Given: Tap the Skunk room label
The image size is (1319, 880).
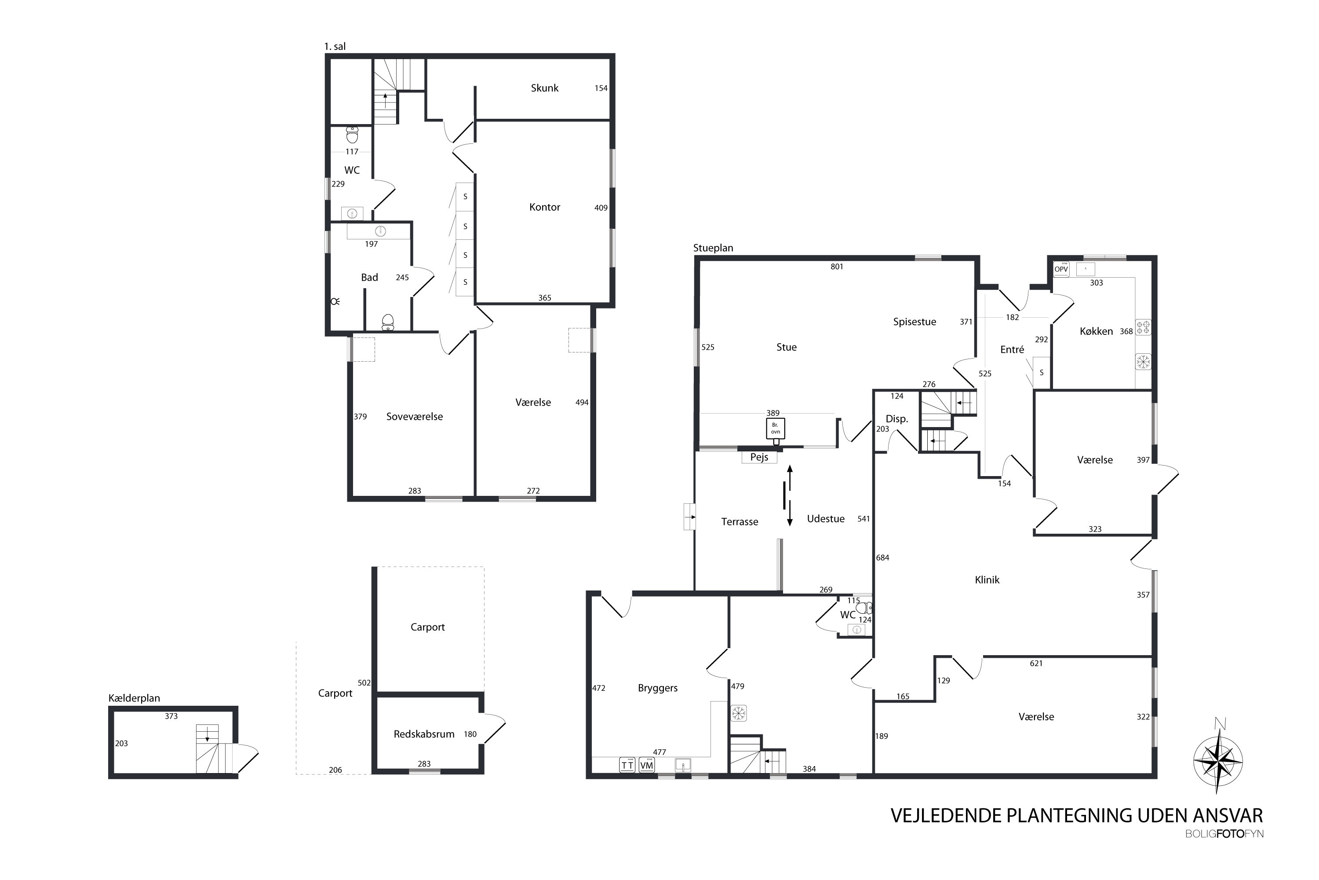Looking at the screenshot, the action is [x=545, y=88].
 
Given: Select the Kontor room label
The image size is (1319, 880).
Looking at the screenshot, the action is [x=545, y=207].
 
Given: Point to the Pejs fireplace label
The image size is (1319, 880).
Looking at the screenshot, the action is [x=759, y=457].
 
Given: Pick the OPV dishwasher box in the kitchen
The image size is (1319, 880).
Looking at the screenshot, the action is [x=1061, y=269].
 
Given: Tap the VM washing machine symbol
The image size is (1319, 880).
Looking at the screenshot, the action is [x=647, y=765].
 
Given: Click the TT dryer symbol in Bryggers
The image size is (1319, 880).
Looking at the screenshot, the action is [x=627, y=765].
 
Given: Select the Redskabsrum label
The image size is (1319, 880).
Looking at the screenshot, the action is [x=424, y=734].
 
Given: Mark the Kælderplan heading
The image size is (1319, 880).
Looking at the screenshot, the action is [x=134, y=698].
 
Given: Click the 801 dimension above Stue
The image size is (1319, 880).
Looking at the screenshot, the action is [x=837, y=267].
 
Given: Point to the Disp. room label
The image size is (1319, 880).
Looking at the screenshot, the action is [x=897, y=419].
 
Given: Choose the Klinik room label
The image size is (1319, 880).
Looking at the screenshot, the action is [x=987, y=580].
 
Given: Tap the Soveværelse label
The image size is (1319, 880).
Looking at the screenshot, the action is [x=415, y=416].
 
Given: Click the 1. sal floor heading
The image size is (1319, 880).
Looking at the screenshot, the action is [x=335, y=47].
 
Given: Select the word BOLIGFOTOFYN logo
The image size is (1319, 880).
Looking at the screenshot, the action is [x=1224, y=834].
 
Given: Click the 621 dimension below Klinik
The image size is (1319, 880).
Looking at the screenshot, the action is [x=1036, y=664].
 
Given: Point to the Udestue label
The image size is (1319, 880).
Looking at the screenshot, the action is [x=826, y=519].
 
